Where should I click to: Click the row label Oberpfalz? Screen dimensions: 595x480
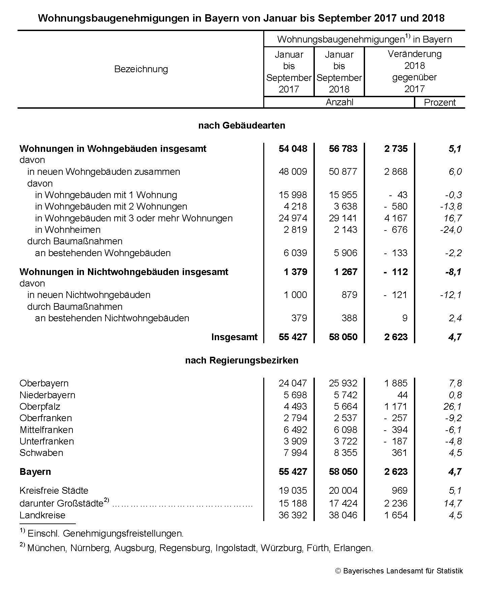tap(40, 406)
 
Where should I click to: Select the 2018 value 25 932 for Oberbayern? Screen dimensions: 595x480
tap(343, 383)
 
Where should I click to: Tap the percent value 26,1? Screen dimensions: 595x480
tap(453, 406)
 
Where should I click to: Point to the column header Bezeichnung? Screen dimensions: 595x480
tap(141, 69)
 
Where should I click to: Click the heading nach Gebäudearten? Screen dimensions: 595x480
tap(241, 126)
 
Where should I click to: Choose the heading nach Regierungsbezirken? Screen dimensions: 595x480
tap(241, 360)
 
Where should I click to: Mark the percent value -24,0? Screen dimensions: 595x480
tap(451, 230)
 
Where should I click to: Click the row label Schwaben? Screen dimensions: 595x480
tap(41, 453)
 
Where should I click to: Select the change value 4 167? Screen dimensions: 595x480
tap(396, 218)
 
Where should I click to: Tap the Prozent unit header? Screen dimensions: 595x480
tap(440, 102)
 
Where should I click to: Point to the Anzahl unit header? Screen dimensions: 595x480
tap(339, 102)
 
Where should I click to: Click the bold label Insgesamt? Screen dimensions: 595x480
tap(234, 337)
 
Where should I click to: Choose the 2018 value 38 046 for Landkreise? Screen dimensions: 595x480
tap(343, 515)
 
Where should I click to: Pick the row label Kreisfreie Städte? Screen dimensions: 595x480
tap(54, 490)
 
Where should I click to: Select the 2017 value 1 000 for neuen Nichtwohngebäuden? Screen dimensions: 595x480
tap(295, 295)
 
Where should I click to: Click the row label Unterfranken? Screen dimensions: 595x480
tap(47, 441)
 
